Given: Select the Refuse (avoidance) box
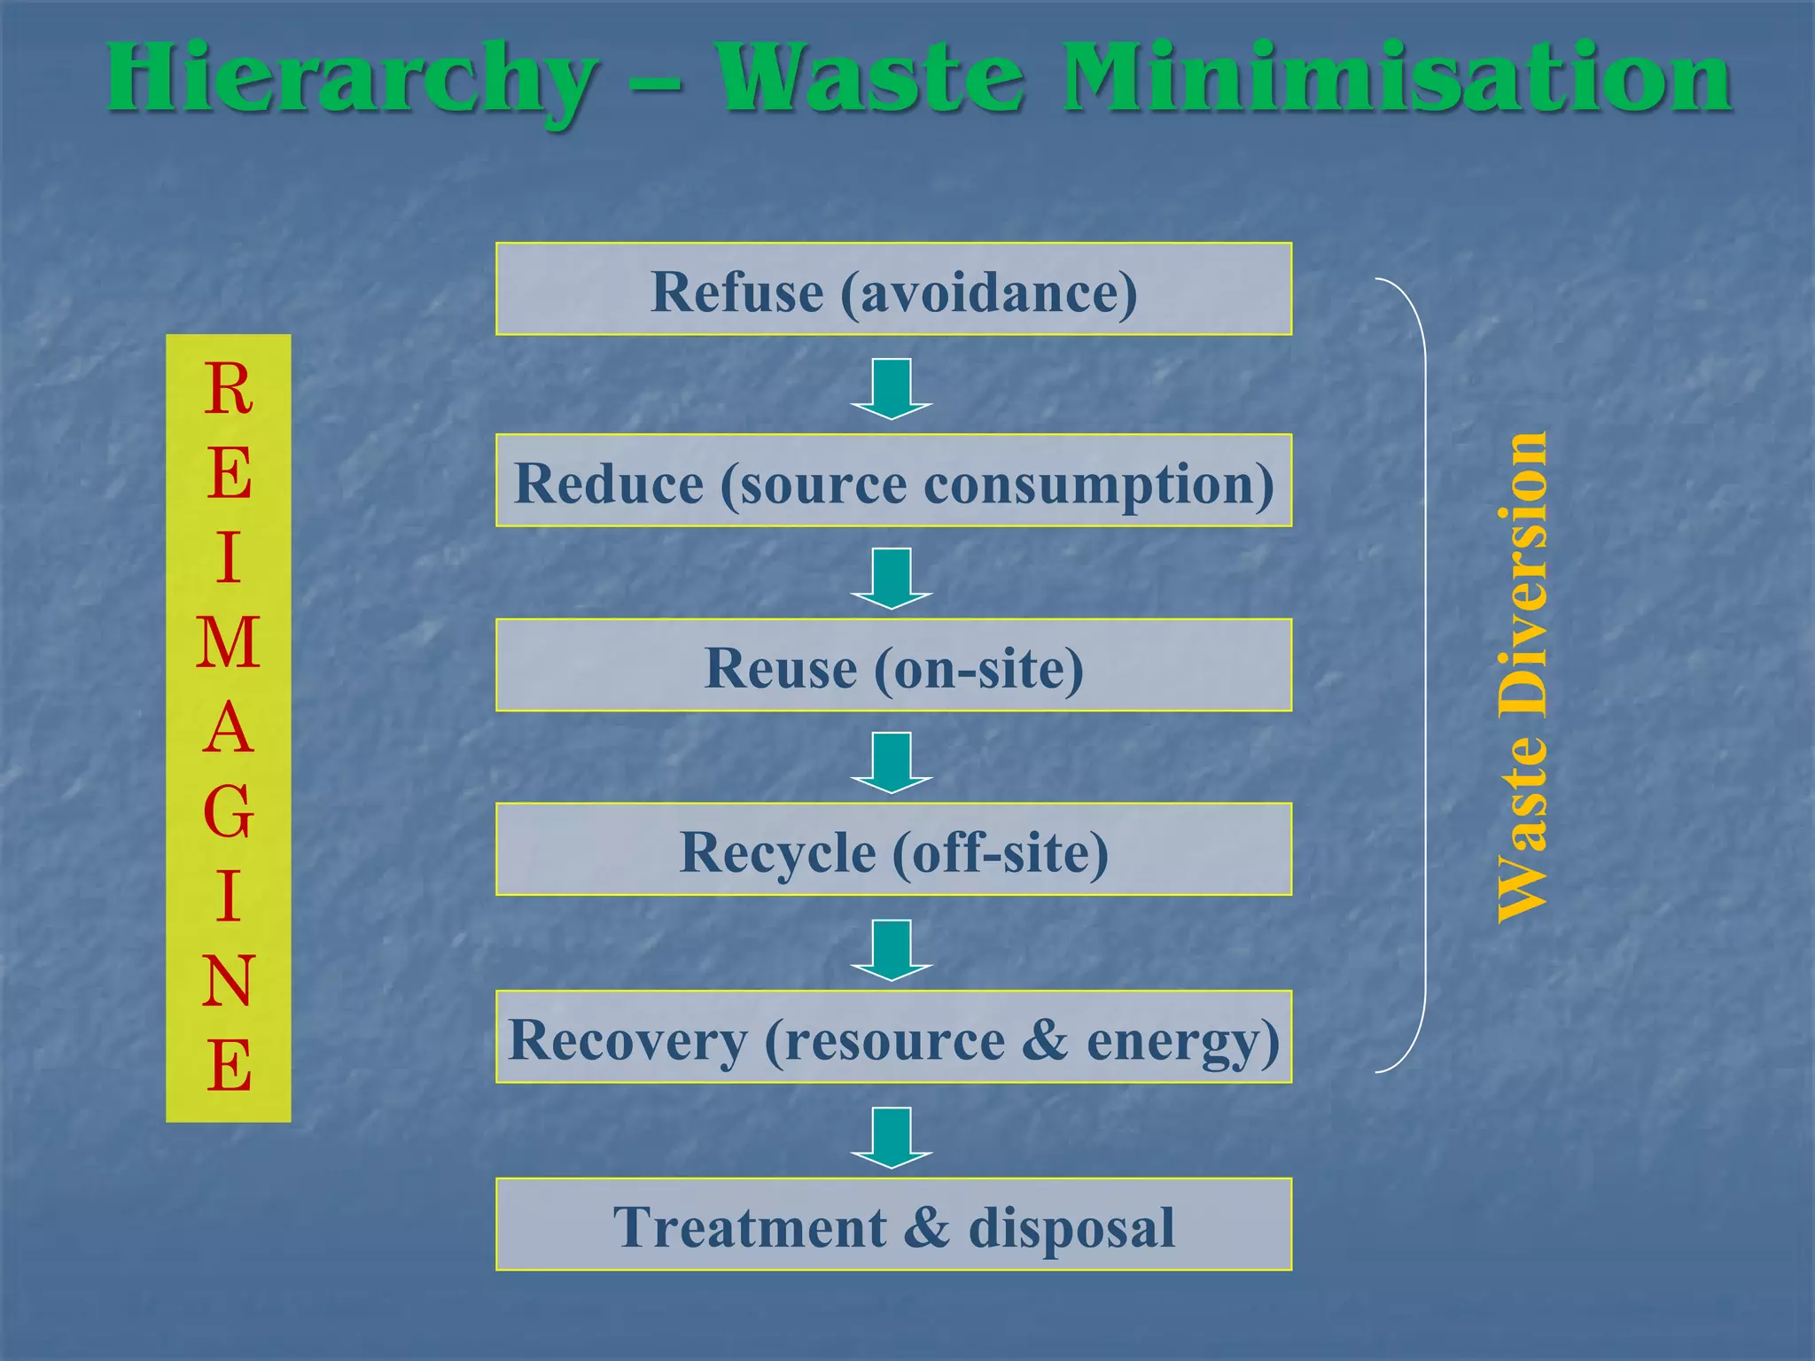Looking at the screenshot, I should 893,289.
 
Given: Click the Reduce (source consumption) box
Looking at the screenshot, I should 893,481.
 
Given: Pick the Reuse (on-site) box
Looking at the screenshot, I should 893,665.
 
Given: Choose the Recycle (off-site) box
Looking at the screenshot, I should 893,850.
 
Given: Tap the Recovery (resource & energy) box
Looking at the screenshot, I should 893,1038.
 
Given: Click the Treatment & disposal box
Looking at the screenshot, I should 893,1225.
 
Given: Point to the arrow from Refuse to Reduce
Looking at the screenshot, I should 892,389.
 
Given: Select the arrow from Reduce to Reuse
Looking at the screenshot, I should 892,579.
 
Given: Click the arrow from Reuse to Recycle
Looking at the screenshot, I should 892,763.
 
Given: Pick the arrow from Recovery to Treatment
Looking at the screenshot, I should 892,1138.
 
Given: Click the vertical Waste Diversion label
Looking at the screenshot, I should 1522,678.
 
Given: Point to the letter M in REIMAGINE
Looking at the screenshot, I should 228,642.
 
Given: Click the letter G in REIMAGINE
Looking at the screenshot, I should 228,812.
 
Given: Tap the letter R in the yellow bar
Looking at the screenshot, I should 228,389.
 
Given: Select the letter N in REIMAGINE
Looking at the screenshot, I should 228,981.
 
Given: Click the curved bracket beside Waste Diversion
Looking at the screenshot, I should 1423,673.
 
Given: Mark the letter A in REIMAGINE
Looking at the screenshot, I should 228,727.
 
